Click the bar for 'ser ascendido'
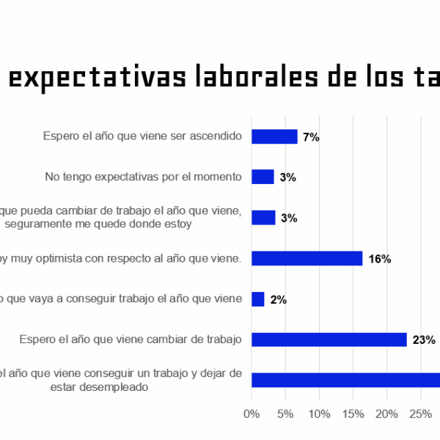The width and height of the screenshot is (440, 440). click(274, 136)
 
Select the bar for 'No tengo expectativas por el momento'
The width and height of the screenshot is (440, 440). click(263, 177)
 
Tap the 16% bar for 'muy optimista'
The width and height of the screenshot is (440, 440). click(307, 258)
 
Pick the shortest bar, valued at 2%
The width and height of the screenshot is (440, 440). click(258, 299)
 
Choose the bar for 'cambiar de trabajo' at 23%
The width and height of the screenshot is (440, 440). click(329, 340)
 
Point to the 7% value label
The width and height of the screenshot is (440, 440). click(311, 137)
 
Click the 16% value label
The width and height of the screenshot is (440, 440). click(380, 259)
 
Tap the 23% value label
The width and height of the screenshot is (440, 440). click(424, 340)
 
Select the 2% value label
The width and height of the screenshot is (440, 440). click(278, 300)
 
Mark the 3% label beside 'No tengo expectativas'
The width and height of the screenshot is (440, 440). click(287, 177)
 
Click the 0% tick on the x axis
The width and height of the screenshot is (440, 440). click(252, 414)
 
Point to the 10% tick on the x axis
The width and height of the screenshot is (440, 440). click(319, 414)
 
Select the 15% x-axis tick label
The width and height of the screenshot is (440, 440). click(353, 414)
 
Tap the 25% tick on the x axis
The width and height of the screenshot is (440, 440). click(420, 414)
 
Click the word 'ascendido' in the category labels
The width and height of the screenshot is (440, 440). click(216, 136)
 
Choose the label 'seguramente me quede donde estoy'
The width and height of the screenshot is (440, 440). click(98, 224)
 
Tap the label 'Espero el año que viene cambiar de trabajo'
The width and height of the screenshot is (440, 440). click(131, 340)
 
